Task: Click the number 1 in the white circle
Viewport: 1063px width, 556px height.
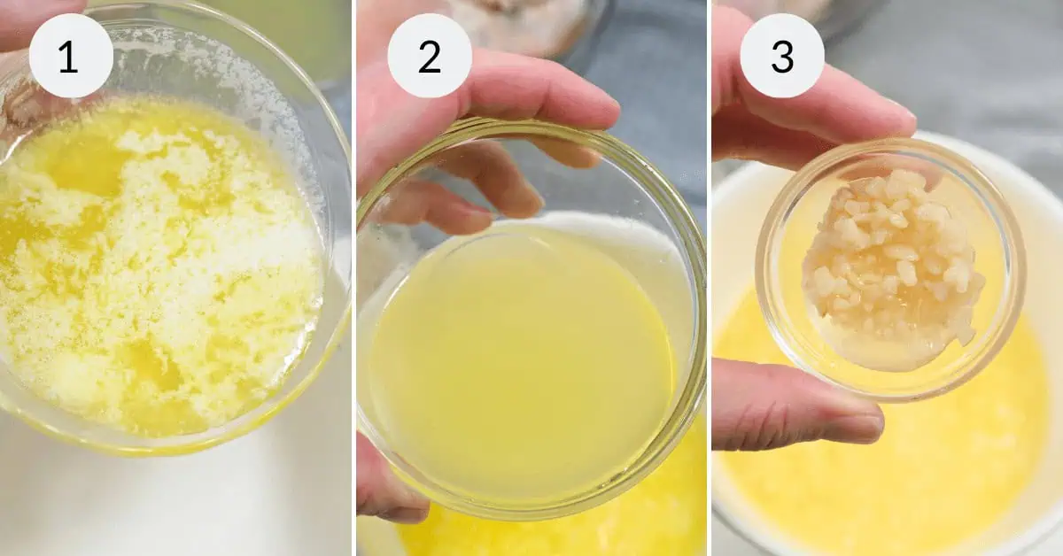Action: tap(69, 58)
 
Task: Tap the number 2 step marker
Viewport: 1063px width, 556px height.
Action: tap(430, 58)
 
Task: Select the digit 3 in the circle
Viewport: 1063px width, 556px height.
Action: tap(782, 58)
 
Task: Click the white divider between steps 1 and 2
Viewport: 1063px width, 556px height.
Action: tap(354, 278)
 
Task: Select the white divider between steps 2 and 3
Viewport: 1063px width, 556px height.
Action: tap(709, 278)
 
